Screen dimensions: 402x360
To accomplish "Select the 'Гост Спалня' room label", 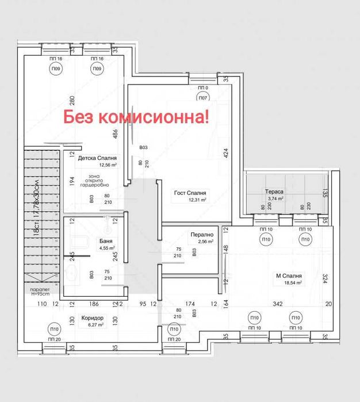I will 190,193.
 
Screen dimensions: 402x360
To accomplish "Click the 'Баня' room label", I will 105,241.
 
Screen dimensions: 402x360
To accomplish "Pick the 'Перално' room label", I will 202,235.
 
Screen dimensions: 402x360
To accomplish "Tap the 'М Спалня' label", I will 289,275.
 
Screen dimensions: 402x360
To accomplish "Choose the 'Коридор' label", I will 92,318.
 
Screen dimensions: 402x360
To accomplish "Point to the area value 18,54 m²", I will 291,283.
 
